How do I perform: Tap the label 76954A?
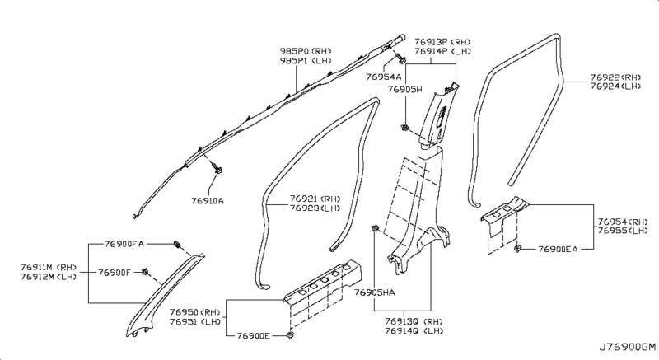(x=383, y=76)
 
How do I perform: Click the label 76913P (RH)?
(x=442, y=40)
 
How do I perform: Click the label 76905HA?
(x=375, y=292)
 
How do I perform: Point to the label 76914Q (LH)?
(x=414, y=330)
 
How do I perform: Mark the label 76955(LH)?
(x=622, y=231)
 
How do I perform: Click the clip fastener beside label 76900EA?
(x=516, y=248)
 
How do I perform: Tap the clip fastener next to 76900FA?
(x=177, y=244)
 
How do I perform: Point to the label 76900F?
(x=116, y=272)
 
